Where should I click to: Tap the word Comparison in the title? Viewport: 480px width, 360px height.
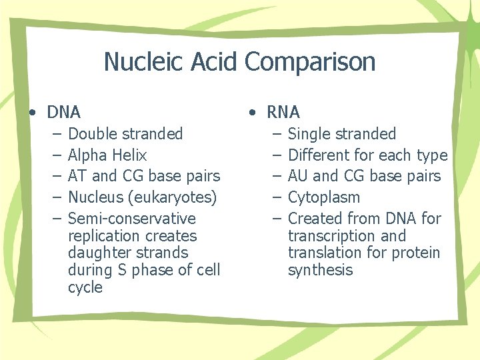pyautogui.click(x=310, y=62)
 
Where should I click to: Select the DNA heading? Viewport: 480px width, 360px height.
pyautogui.click(x=63, y=112)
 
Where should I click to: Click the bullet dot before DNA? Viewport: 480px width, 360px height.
pyautogui.click(x=32, y=112)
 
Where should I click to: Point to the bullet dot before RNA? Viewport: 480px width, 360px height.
pyautogui.click(x=251, y=112)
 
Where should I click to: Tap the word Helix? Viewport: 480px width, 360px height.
pyautogui.click(x=130, y=155)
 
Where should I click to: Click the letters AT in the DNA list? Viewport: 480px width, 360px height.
pyautogui.click(x=77, y=176)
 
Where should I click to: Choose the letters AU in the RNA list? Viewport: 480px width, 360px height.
pyautogui.click(x=298, y=176)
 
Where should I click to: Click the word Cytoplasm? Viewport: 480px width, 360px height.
pyautogui.click(x=323, y=197)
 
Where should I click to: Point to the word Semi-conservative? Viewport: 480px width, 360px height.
pyautogui.click(x=132, y=219)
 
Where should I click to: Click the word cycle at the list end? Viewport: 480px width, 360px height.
pyautogui.click(x=85, y=288)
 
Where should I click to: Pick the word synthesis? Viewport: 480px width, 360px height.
pyautogui.click(x=320, y=270)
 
